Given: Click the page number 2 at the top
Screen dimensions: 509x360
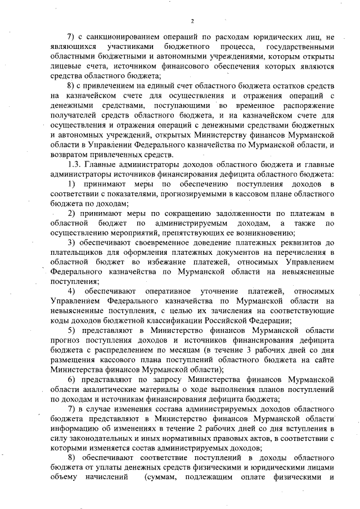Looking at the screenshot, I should [192, 21].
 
